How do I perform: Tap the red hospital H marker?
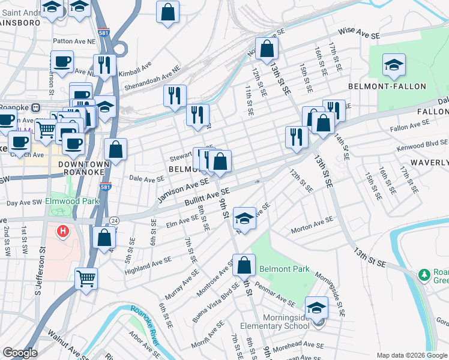pos(62,231)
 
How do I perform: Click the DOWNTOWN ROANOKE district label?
pos(84,168)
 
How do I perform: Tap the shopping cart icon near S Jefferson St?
pos(86,278)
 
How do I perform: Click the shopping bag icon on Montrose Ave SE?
pos(244,265)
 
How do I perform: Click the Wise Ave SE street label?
pos(360,33)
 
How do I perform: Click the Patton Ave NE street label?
pos(74,41)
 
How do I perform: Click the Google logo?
pos(20,353)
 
